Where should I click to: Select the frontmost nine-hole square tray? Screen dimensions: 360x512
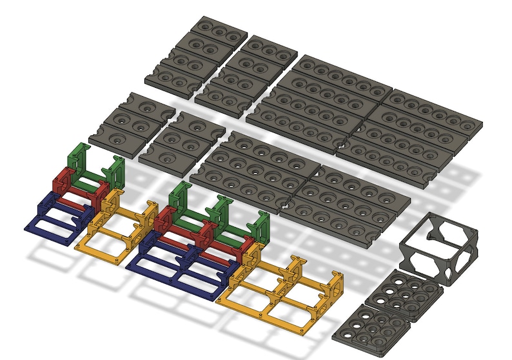371,326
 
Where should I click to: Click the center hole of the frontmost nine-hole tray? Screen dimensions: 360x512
371,325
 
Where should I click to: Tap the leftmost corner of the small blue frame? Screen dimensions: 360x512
26,225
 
